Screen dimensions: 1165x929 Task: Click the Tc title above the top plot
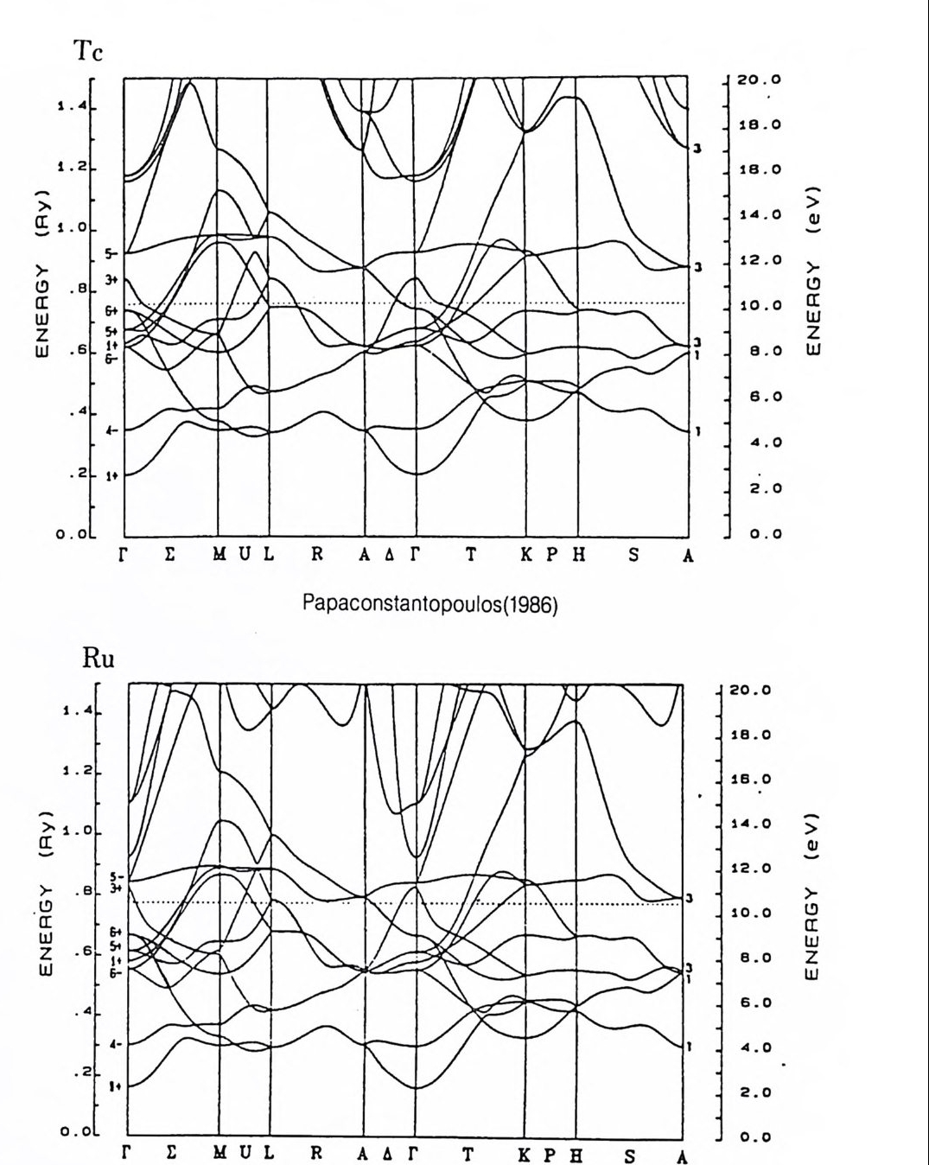point(88,52)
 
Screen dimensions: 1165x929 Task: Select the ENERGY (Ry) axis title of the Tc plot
point(42,271)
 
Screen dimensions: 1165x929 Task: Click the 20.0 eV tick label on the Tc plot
point(759,80)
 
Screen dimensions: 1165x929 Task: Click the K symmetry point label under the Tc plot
point(526,556)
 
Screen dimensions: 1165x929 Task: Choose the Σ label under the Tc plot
point(169,556)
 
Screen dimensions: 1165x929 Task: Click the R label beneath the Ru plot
point(316,1156)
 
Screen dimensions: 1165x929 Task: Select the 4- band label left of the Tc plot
point(110,430)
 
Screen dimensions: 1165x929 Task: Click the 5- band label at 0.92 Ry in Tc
point(110,254)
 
